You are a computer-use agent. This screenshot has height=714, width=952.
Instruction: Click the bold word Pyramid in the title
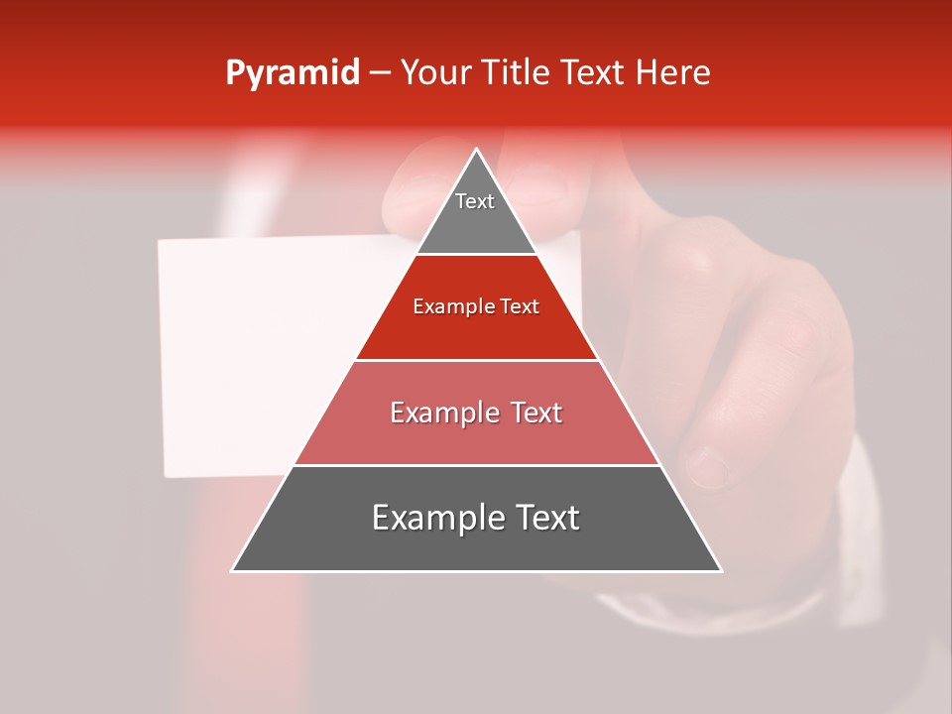click(x=293, y=73)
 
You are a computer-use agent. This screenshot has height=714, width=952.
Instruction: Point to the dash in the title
click(x=380, y=73)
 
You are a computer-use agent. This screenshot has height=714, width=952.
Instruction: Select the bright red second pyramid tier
click(x=476, y=327)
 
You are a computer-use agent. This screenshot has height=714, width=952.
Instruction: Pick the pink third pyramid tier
click(x=476, y=436)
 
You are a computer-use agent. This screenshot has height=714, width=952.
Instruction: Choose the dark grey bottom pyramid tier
click(x=476, y=540)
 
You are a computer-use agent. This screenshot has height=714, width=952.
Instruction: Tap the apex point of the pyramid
click(x=477, y=151)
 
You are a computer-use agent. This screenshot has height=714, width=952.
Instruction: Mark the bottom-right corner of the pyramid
click(x=720, y=570)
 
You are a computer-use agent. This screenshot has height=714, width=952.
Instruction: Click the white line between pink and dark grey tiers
click(x=476, y=465)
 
